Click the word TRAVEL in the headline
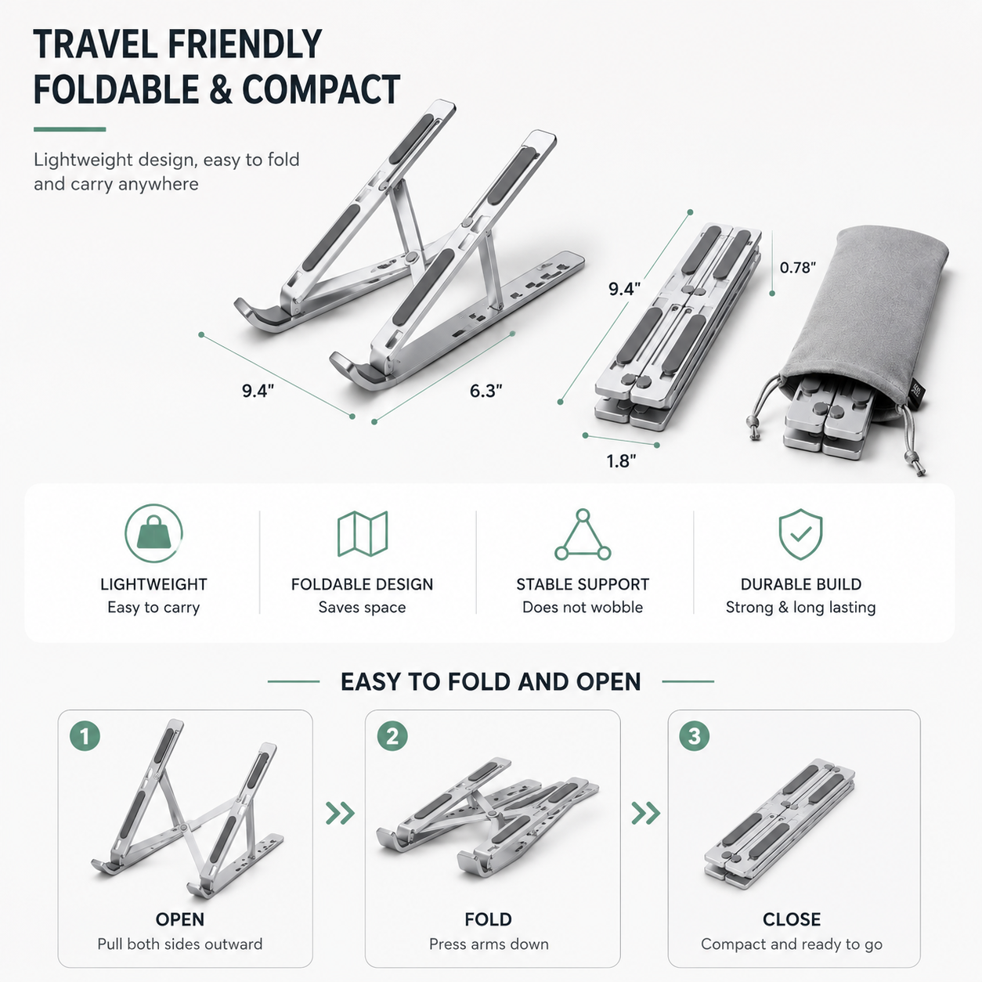(x=96, y=45)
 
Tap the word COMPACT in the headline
(x=321, y=90)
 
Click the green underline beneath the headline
(x=70, y=129)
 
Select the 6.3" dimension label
(x=486, y=391)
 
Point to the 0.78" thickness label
(x=797, y=268)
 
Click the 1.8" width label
(x=621, y=461)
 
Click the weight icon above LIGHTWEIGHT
(x=153, y=533)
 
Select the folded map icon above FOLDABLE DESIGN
(x=363, y=533)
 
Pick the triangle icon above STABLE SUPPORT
(x=583, y=535)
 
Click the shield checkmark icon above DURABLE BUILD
(x=800, y=534)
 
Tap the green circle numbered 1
(x=85, y=736)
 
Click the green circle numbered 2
(x=392, y=736)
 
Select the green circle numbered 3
(x=695, y=736)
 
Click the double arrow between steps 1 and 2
(x=340, y=813)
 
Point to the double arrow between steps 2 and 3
(x=646, y=813)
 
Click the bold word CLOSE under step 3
(x=792, y=919)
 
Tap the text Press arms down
(x=489, y=944)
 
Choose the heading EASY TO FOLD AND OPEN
(x=491, y=682)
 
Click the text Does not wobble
(x=583, y=608)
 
